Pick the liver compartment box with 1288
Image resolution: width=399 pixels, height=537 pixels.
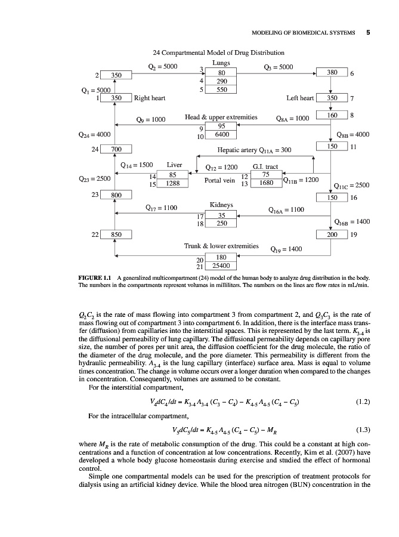[173, 184]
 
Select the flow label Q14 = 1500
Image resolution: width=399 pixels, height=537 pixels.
[137, 164]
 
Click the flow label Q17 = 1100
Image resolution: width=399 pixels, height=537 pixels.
[162, 208]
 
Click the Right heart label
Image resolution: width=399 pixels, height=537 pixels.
[150, 98]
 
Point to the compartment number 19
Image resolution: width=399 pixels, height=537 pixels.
[354, 234]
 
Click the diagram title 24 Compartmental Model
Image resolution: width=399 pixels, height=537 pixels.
[218, 53]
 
